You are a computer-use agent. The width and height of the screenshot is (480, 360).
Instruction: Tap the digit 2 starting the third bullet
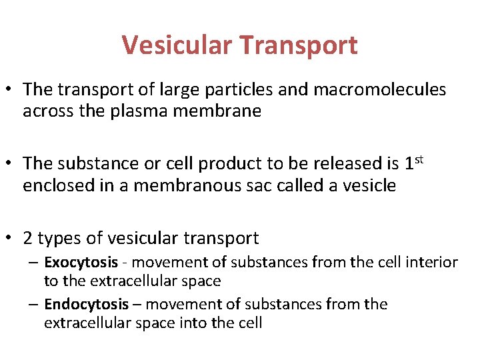(28, 237)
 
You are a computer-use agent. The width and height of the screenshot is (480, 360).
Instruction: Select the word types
(56, 237)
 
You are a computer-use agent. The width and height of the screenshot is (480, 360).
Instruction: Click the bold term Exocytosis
(81, 263)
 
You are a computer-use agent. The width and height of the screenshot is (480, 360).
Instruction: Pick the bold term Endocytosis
(87, 305)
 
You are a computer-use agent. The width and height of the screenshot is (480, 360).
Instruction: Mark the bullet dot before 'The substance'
(11, 163)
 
